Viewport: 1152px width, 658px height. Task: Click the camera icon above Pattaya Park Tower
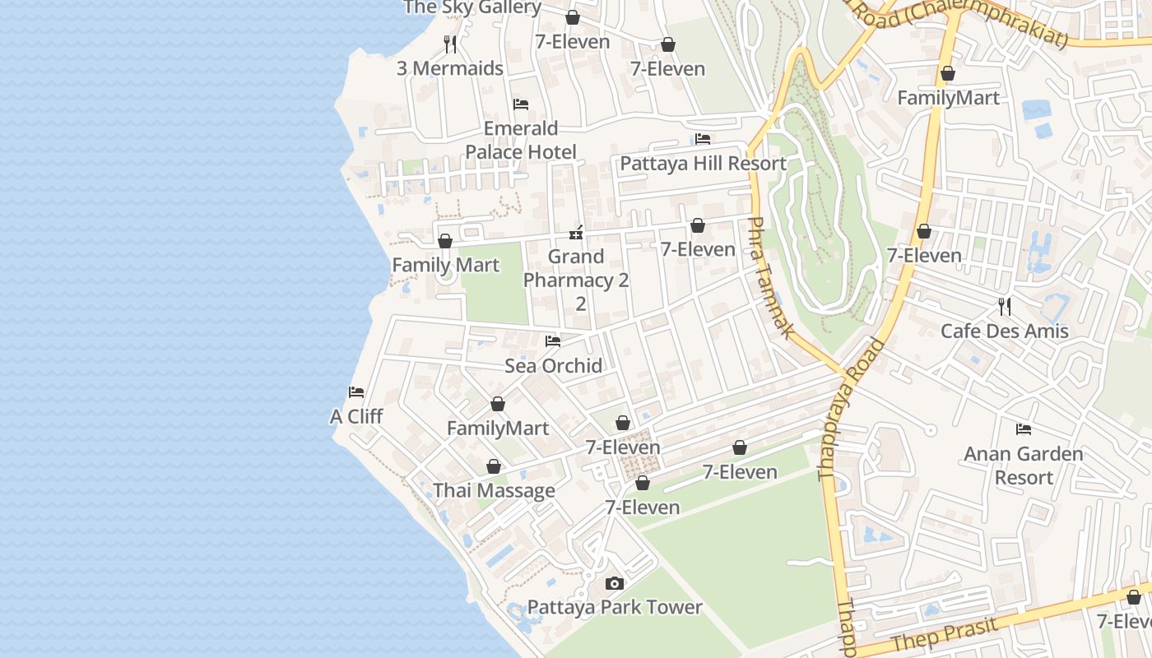pyautogui.click(x=614, y=583)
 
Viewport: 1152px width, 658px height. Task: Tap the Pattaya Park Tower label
pyautogui.click(x=615, y=607)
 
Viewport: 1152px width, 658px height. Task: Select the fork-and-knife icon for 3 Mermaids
pyautogui.click(x=450, y=44)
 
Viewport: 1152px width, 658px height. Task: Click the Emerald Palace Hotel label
pyautogui.click(x=521, y=140)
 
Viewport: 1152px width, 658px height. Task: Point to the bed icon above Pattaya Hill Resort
pyautogui.click(x=703, y=139)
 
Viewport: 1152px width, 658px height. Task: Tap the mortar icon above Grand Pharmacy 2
pyautogui.click(x=576, y=233)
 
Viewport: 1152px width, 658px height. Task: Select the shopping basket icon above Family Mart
pyautogui.click(x=445, y=241)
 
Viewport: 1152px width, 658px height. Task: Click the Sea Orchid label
pyautogui.click(x=553, y=365)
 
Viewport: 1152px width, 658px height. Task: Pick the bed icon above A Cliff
pyautogui.click(x=356, y=392)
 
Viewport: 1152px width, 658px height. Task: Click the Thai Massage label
pyautogui.click(x=494, y=491)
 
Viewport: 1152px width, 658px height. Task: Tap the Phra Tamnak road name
pyautogui.click(x=771, y=278)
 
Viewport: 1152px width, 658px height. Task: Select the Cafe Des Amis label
pyautogui.click(x=1004, y=331)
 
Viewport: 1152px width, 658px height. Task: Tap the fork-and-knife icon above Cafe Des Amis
pyautogui.click(x=1004, y=307)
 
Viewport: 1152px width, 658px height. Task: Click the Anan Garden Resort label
pyautogui.click(x=1023, y=466)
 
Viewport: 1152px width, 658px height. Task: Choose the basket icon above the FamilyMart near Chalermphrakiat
pyautogui.click(x=948, y=73)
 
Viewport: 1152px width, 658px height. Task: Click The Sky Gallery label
pyautogui.click(x=472, y=7)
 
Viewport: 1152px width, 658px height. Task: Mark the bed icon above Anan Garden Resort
pyautogui.click(x=1024, y=429)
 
